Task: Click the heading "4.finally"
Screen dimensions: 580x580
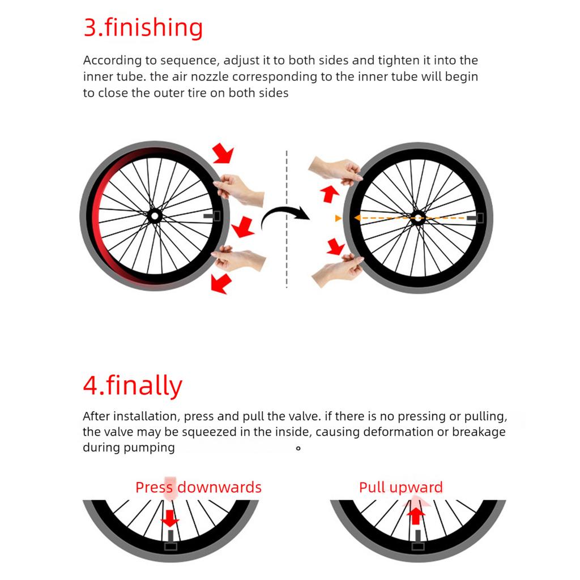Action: pos(133,386)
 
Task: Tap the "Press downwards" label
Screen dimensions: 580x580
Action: pos(198,487)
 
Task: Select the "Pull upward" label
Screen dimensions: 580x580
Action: pos(400,487)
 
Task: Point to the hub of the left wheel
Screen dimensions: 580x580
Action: pos(154,216)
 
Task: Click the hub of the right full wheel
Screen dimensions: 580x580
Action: pos(418,217)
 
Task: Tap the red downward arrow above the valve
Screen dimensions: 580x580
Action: pos(170,518)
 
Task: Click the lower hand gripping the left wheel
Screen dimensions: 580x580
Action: pos(238,258)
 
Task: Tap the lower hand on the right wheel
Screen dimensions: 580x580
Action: pos(336,270)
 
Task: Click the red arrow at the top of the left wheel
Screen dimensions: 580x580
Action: pos(223,153)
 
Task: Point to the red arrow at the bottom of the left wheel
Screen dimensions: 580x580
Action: pos(221,284)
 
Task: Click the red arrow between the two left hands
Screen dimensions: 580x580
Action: pos(243,227)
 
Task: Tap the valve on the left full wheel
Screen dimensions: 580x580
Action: pos(212,216)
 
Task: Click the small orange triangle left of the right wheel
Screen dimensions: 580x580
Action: pos(338,218)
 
